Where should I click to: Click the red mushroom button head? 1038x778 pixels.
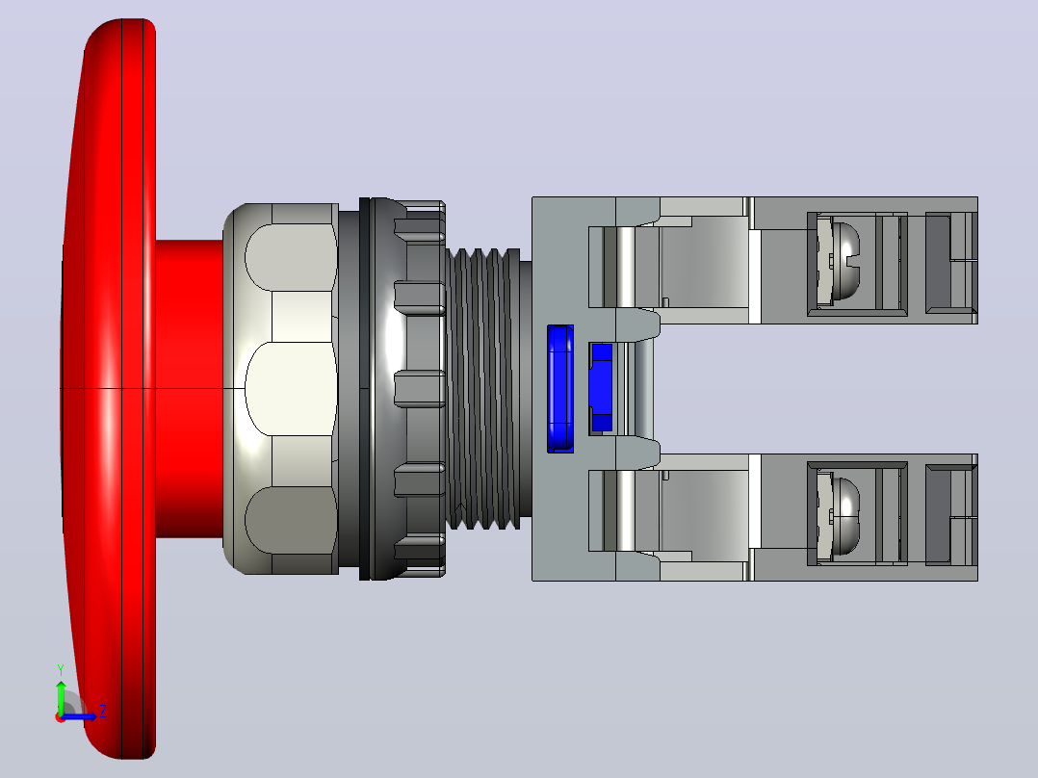(109, 389)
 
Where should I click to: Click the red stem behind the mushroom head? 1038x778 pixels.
(190, 389)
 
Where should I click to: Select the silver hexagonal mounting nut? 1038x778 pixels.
(281, 389)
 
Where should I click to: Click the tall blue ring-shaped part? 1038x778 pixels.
(560, 389)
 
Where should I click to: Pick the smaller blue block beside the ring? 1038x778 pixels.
(601, 387)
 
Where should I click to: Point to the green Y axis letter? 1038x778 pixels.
(61, 670)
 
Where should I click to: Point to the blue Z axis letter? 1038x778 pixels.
(103, 712)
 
